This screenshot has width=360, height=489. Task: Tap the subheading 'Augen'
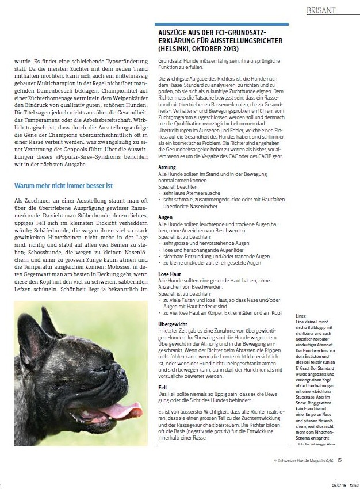166,218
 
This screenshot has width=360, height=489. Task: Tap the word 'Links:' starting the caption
300,317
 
